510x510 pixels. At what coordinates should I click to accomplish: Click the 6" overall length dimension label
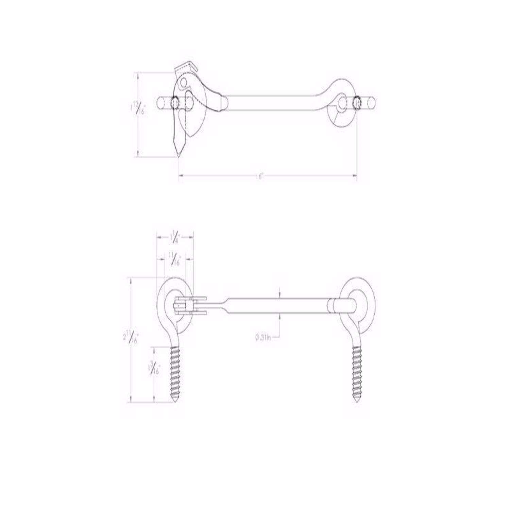261,176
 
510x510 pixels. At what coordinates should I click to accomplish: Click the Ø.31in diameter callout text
262,338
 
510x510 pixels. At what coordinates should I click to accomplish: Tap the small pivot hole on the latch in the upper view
184,82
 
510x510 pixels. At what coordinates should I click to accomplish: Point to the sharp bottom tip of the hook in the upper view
178,155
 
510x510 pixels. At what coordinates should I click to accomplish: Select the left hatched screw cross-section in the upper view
175,103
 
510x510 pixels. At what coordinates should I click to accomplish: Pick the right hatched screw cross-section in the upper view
357,102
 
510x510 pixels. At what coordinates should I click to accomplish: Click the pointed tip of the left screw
176,402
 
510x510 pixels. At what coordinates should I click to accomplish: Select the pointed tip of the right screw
357,402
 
